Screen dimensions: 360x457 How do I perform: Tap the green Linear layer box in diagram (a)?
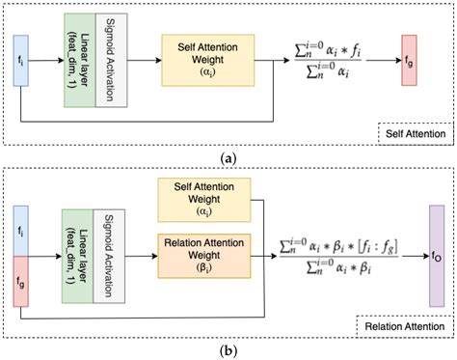[x=78, y=60]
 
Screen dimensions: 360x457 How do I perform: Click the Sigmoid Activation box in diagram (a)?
[x=110, y=60]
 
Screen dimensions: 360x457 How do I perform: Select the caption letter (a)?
[x=228, y=157]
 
